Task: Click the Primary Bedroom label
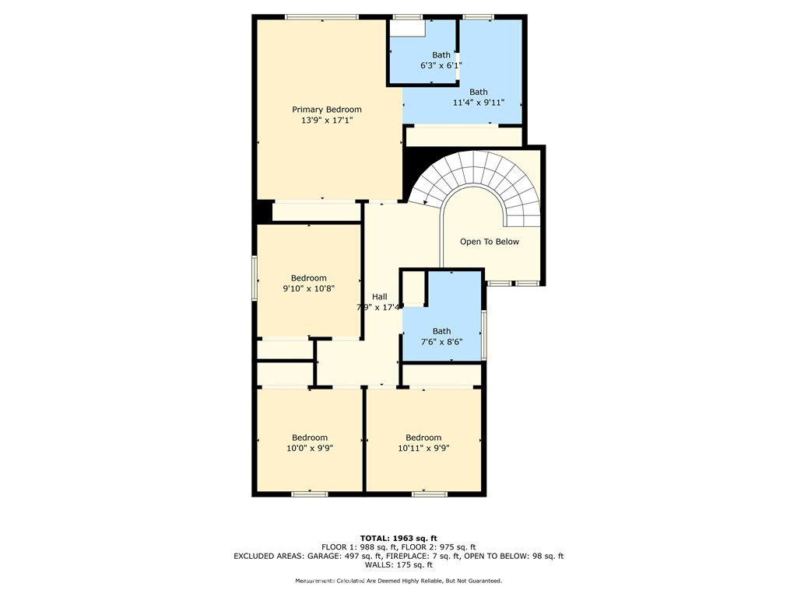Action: click(x=326, y=110)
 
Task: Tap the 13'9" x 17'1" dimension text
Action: click(x=326, y=120)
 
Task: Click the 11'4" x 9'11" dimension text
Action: click(x=478, y=103)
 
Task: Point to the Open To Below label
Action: click(x=489, y=242)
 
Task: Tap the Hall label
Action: click(x=379, y=297)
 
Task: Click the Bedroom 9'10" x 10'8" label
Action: click(x=308, y=278)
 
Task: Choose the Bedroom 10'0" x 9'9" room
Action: click(x=309, y=442)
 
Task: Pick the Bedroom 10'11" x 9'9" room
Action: click(x=423, y=442)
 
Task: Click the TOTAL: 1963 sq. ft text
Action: click(x=398, y=538)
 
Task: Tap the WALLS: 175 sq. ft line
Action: click(x=398, y=566)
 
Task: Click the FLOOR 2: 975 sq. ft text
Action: click(x=444, y=547)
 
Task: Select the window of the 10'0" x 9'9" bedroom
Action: click(x=309, y=493)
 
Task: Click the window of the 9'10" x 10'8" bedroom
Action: click(x=255, y=278)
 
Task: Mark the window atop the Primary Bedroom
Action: click(x=321, y=17)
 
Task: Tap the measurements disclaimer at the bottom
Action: click(x=398, y=581)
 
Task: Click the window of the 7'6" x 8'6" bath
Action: click(x=483, y=335)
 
